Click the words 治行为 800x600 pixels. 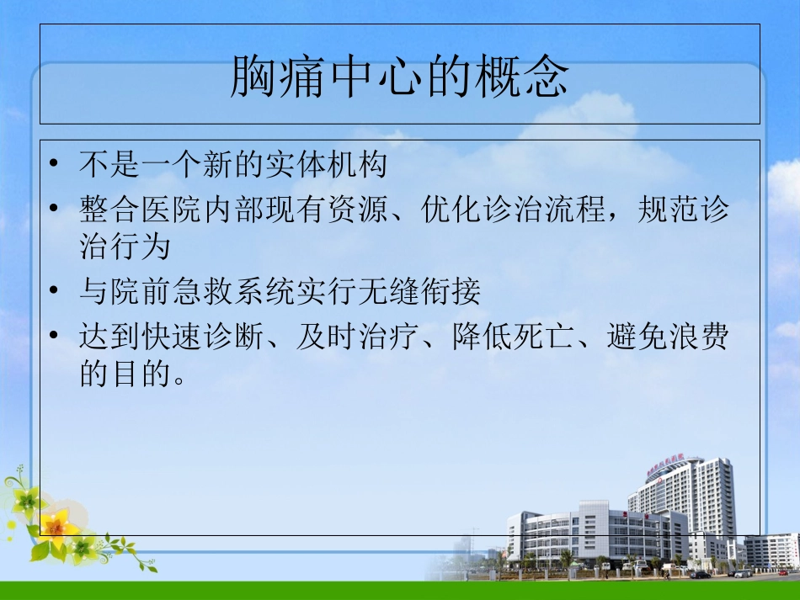point(125,247)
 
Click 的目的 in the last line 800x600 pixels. point(125,374)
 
